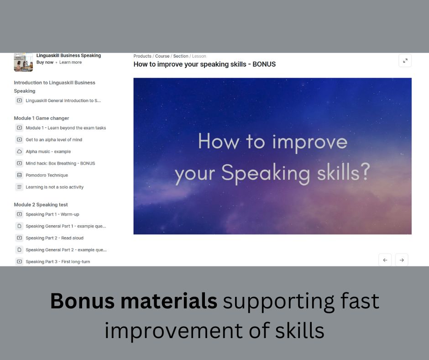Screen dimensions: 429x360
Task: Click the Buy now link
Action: click(45, 62)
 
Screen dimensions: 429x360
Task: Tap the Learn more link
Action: click(70, 62)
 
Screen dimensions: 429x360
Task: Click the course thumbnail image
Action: click(23, 62)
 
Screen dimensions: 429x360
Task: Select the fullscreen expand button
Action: click(405, 61)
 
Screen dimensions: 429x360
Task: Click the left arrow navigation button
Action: click(385, 260)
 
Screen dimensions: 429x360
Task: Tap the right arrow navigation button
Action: click(402, 260)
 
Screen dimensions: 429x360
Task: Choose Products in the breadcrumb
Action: click(142, 56)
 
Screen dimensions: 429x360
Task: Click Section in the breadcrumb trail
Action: click(181, 56)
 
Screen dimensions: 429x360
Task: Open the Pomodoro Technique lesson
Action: click(47, 175)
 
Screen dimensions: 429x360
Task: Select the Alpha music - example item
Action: click(48, 152)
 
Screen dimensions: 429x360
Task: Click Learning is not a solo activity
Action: click(54, 187)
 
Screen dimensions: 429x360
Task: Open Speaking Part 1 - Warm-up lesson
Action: click(52, 214)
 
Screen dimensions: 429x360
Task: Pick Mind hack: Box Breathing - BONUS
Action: click(60, 163)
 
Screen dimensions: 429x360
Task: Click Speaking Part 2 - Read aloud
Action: click(54, 238)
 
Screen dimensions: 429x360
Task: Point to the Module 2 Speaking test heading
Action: click(41, 205)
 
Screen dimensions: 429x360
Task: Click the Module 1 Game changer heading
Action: click(42, 118)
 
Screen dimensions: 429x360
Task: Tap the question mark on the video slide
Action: click(365, 172)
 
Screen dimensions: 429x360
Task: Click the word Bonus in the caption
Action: click(82, 301)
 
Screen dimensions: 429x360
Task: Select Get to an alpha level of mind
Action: click(54, 140)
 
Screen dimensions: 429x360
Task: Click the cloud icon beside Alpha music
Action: click(20, 152)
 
